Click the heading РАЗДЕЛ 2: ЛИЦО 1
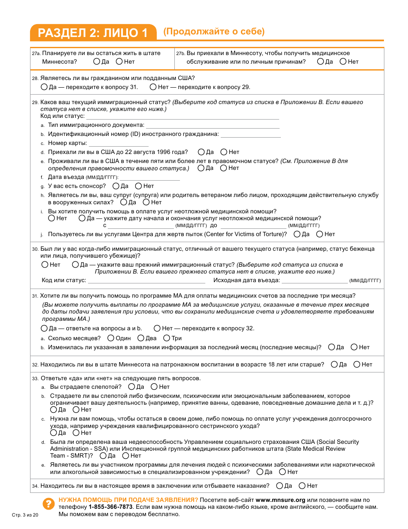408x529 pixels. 93,33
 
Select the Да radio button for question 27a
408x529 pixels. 97,62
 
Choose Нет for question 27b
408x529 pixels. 343,62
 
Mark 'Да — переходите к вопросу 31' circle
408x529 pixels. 44,87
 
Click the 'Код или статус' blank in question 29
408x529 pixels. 183,116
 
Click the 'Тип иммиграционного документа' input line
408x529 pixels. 213,125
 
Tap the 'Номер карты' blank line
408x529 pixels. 119,143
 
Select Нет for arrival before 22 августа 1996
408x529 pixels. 224,152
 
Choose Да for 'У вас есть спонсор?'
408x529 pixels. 116,186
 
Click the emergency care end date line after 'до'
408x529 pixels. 253,225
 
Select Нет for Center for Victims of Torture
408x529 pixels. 320,234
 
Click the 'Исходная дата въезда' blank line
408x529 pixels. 314,281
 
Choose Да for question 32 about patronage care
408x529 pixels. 334,364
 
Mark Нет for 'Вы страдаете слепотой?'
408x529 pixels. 154,387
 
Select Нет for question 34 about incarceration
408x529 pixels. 302,486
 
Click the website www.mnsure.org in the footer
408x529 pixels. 280,500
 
